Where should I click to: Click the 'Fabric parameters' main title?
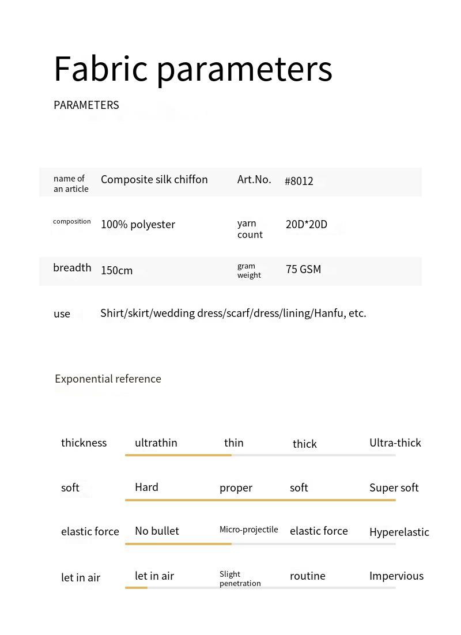pyautogui.click(x=193, y=69)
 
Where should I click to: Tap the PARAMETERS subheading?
pyautogui.click(x=86, y=105)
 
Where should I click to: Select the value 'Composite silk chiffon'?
pyautogui.click(x=154, y=179)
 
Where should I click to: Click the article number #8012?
pyautogui.click(x=299, y=181)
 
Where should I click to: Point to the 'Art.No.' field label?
pyautogui.click(x=254, y=179)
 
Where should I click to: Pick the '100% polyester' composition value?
pyautogui.click(x=138, y=224)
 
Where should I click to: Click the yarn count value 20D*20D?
pyautogui.click(x=307, y=224)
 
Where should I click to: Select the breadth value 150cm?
pyautogui.click(x=117, y=270)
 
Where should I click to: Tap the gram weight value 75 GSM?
pyautogui.click(x=303, y=269)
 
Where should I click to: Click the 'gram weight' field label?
pyautogui.click(x=249, y=270)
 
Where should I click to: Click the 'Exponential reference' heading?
pyautogui.click(x=108, y=379)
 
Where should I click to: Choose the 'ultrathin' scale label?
pyautogui.click(x=156, y=443)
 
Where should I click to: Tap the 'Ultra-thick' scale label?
pyautogui.click(x=395, y=443)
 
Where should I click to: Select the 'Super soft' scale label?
pyautogui.click(x=394, y=487)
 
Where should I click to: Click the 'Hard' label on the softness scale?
pyautogui.click(x=146, y=487)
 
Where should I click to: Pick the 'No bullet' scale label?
pyautogui.click(x=157, y=531)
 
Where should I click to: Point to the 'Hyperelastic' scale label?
pyautogui.click(x=399, y=532)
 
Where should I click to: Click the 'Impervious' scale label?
pyautogui.click(x=396, y=576)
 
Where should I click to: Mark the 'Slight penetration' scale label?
pyautogui.click(x=240, y=579)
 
